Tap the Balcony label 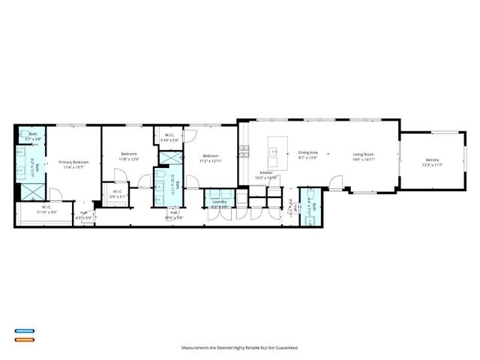click(432, 160)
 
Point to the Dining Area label click(308, 152)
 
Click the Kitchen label click(266, 172)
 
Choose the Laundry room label click(219, 202)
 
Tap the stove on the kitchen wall click(242, 150)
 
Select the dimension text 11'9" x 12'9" click(129, 159)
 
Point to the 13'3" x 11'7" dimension click(432, 165)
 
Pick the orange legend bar click(24, 340)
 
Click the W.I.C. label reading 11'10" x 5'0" click(46, 211)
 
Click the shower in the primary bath click(30, 192)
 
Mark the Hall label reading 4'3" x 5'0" click(84, 218)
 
